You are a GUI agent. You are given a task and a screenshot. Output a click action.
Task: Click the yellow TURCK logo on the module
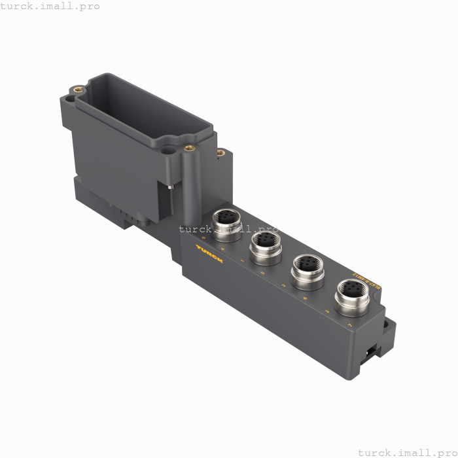[209, 254]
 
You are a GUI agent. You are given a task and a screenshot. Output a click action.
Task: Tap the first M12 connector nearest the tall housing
[227, 222]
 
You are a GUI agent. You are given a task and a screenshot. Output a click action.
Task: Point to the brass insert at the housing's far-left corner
[78, 88]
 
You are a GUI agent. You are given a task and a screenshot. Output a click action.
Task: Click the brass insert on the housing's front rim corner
[190, 147]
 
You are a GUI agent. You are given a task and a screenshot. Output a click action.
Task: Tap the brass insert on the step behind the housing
[220, 153]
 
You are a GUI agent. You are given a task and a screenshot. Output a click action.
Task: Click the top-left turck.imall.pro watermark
[50, 6]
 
